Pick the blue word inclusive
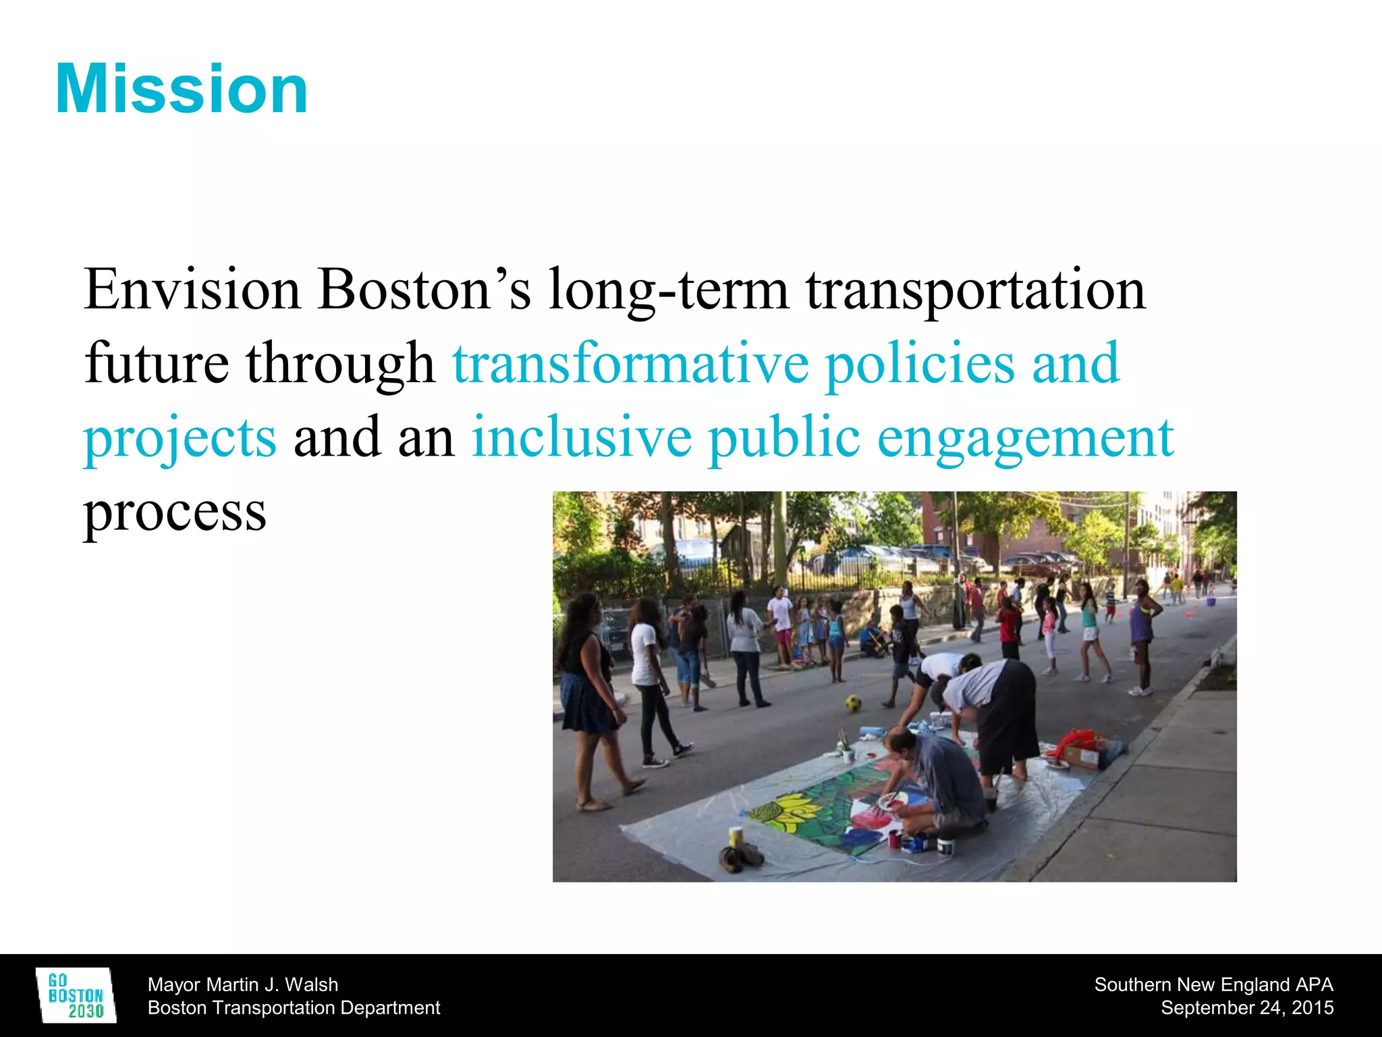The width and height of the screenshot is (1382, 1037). point(581,437)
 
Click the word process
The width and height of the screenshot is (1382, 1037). point(175,512)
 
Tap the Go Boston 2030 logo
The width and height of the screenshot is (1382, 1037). point(76,995)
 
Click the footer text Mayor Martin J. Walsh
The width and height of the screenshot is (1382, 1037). point(243,984)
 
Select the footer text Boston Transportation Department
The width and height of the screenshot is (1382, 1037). point(294,1007)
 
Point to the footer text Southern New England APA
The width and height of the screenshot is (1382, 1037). point(1213,984)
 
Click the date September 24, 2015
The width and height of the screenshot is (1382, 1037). point(1247,1007)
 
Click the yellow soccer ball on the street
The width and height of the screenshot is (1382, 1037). point(853,703)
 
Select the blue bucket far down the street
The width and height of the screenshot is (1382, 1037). point(1211,600)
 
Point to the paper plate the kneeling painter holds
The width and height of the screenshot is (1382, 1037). point(885,801)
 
